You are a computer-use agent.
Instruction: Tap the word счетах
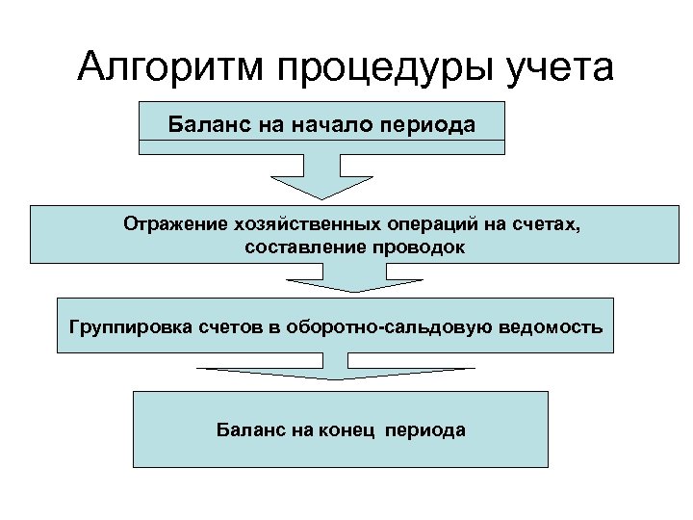(x=545, y=225)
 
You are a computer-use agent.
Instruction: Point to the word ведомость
(x=557, y=326)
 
